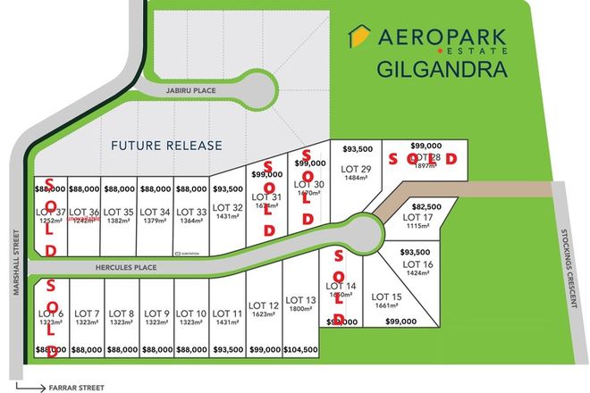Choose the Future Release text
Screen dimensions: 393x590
click(x=166, y=144)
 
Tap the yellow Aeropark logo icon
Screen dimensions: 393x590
click(x=358, y=38)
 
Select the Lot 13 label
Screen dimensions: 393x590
click(x=299, y=300)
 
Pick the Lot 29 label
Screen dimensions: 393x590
click(x=356, y=169)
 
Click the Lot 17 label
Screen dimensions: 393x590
click(x=417, y=217)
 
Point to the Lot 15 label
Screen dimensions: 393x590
click(x=386, y=297)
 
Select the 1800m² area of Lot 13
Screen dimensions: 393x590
click(x=299, y=309)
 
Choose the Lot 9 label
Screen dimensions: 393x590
click(x=156, y=313)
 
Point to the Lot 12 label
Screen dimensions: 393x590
click(x=265, y=305)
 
